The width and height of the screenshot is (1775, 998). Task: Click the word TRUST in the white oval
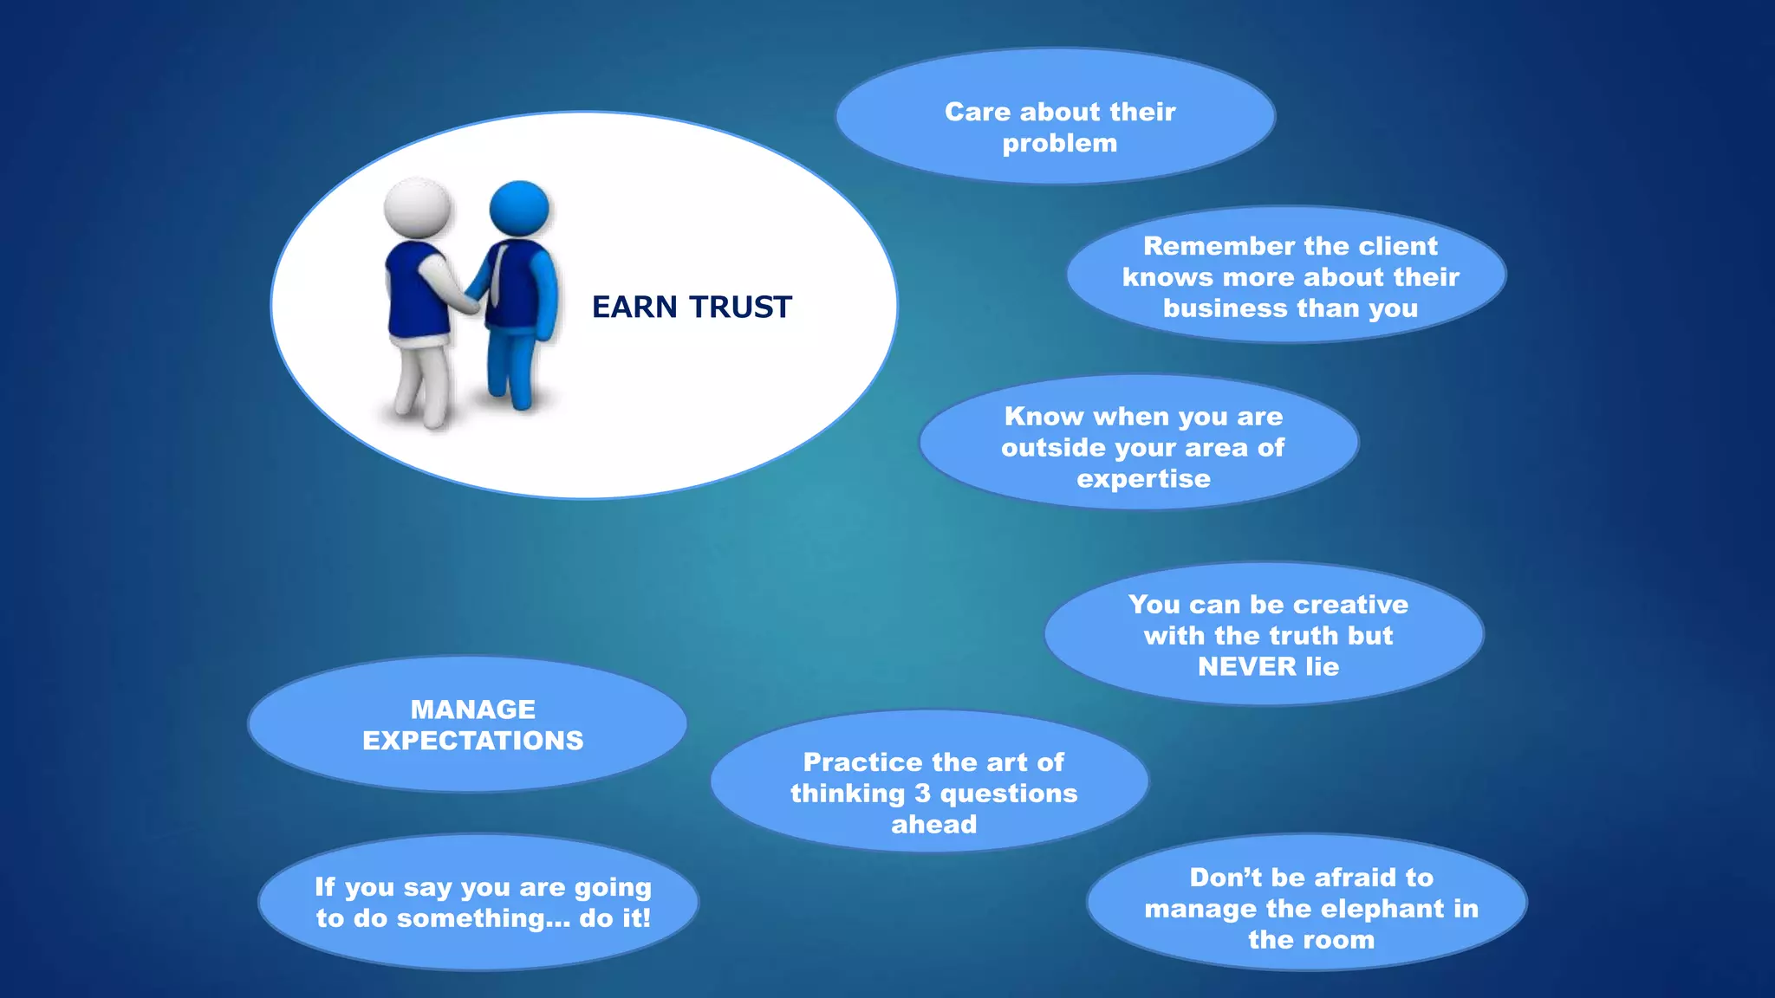[741, 308]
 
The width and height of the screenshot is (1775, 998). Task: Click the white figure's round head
[417, 208]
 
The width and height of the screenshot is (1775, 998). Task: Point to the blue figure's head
[519, 208]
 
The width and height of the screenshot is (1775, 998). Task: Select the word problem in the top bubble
[1059, 144]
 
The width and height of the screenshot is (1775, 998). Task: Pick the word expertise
[1143, 479]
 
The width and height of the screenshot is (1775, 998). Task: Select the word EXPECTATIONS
[472, 741]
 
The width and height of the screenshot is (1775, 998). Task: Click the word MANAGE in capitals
[472, 710]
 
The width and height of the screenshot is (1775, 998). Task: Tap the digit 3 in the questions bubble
[922, 794]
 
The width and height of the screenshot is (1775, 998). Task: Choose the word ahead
[933, 825]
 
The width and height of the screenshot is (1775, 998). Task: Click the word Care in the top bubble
[977, 112]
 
